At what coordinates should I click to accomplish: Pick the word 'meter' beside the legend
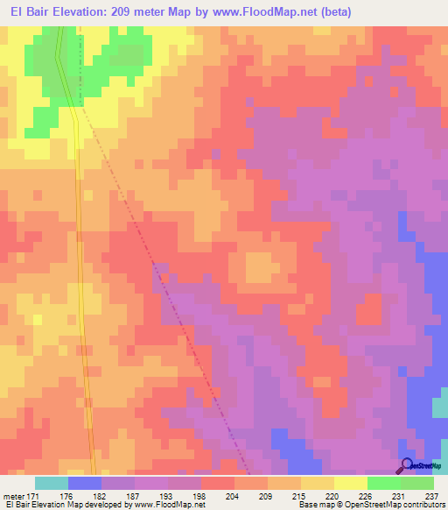[12, 496]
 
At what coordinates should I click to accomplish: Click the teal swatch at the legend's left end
[51, 483]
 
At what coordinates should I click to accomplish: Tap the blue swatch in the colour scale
[84, 483]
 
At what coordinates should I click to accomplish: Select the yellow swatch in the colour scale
[350, 483]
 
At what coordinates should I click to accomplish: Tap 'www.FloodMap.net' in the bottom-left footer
[171, 506]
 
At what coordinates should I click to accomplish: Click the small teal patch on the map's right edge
[439, 407]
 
